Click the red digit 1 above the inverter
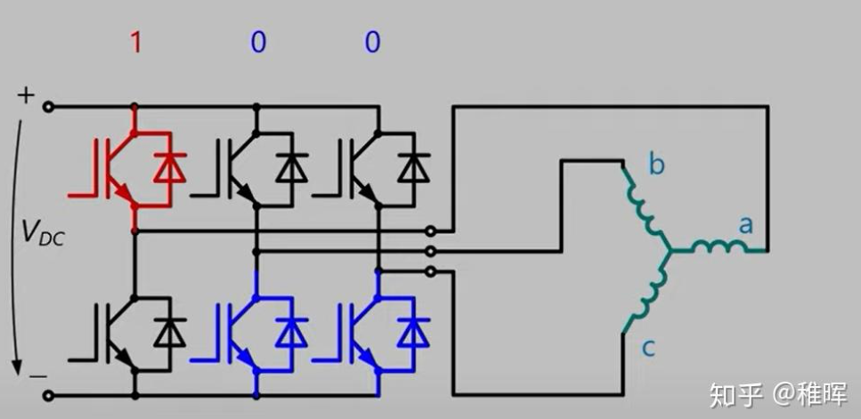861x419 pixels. (x=135, y=43)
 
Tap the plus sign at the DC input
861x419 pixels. (x=25, y=96)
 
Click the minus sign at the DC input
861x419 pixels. (x=37, y=376)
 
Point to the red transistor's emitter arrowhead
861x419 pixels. (x=124, y=194)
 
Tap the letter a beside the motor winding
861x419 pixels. (x=745, y=224)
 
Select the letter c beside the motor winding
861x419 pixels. (x=648, y=348)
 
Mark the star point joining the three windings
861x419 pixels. (x=670, y=251)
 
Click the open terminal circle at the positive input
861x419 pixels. (x=49, y=107)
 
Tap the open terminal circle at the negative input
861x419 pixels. (x=49, y=395)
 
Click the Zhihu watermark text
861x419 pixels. (x=778, y=395)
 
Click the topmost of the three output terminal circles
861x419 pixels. (x=431, y=231)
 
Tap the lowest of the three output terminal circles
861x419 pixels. (x=431, y=271)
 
